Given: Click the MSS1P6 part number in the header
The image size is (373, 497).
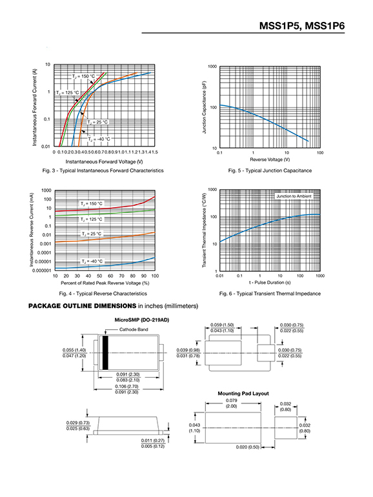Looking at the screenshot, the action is [x=325, y=26].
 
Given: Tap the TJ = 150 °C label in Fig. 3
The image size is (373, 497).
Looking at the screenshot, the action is [x=83, y=76].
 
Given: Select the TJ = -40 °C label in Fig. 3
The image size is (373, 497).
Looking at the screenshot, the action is [x=99, y=139].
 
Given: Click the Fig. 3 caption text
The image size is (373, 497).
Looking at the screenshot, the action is [x=103, y=170].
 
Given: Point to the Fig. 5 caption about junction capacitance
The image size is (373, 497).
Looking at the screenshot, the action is [x=270, y=170].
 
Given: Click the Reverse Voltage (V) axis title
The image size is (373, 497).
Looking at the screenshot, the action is [x=270, y=159].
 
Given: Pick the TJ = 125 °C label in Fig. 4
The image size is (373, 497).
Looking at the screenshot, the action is [x=91, y=219].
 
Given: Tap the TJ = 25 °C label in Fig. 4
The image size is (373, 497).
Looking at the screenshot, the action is [x=92, y=234].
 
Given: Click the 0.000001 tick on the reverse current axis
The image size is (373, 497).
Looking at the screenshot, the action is [x=42, y=270].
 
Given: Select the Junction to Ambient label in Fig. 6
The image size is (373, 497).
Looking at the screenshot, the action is [x=294, y=196].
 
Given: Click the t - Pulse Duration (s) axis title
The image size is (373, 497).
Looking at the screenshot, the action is [x=270, y=283].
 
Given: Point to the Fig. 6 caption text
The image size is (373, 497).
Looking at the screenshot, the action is [x=270, y=294].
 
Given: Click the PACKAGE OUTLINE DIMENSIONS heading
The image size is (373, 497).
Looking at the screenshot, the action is [x=82, y=306].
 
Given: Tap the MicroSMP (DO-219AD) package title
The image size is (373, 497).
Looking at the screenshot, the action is [x=142, y=320].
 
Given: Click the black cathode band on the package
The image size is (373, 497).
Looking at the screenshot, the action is [x=105, y=353].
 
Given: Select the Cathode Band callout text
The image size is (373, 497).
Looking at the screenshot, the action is [x=134, y=330].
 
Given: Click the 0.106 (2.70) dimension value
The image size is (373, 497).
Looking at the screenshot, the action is [x=126, y=387].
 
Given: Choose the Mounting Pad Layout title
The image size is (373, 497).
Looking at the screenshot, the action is [x=243, y=394].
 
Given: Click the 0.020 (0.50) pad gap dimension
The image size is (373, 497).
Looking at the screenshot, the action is [x=248, y=447].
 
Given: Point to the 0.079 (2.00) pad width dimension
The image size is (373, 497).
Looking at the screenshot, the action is [x=231, y=403].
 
